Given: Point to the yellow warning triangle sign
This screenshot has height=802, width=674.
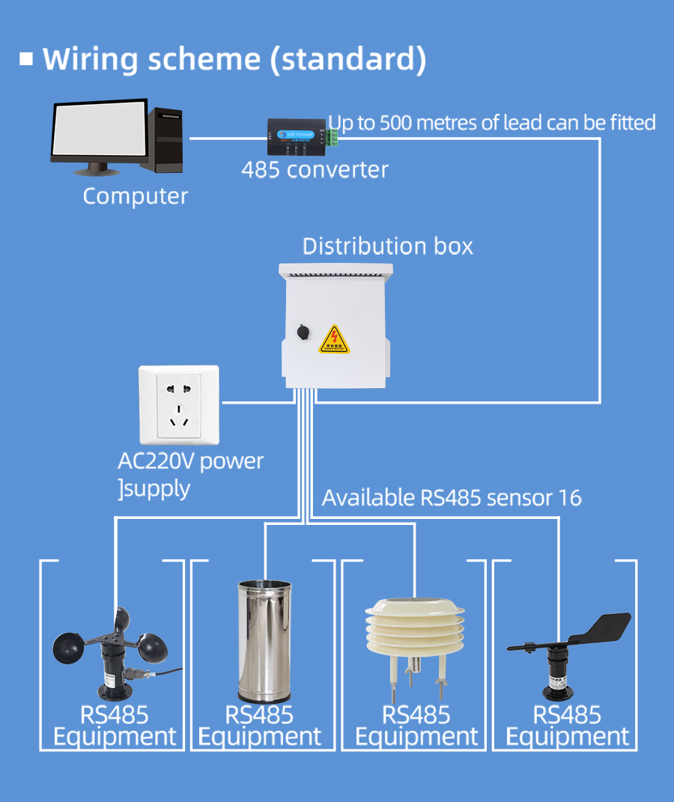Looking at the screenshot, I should (334, 340).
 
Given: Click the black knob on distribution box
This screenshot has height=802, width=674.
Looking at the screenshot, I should (303, 331).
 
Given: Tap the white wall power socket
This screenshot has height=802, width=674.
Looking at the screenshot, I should (178, 406).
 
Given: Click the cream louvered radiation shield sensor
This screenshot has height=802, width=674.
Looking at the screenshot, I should (414, 627).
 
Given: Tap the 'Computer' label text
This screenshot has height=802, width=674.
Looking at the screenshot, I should (135, 196).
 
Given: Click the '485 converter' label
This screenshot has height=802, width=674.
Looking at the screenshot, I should (315, 169).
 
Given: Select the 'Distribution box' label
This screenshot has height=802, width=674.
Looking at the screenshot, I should (387, 246).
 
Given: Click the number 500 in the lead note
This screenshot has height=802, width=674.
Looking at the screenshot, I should (396, 123).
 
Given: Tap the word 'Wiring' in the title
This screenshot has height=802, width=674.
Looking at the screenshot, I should (90, 58).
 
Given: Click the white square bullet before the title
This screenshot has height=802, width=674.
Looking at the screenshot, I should (27, 58).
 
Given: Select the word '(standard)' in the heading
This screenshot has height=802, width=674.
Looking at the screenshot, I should (347, 59).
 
